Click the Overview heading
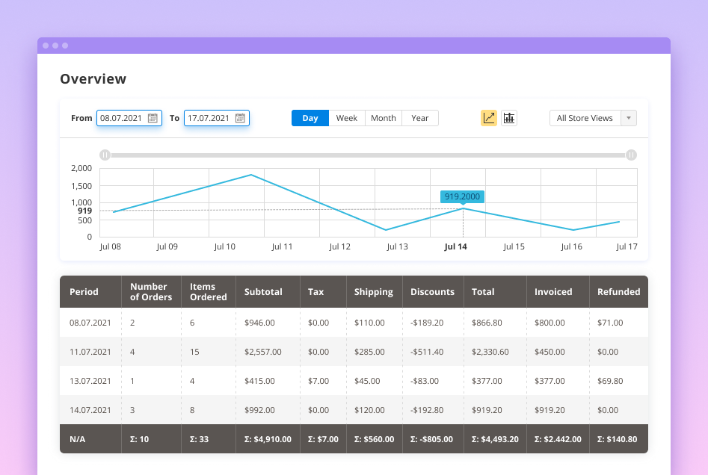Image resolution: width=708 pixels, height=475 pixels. coord(93,79)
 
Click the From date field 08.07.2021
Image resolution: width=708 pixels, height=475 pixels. coord(122,118)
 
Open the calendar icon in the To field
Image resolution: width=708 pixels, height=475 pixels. coord(240,118)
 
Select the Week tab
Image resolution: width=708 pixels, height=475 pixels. coord(347,118)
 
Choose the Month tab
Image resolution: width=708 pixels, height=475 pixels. coord(384,118)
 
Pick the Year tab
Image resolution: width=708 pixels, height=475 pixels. coord(420,118)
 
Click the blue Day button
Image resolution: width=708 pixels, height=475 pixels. coord(310,118)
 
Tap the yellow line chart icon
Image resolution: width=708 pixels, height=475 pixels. coord(489,118)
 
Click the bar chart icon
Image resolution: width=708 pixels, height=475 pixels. coord(509,118)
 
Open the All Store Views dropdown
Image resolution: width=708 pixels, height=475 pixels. coord(593,118)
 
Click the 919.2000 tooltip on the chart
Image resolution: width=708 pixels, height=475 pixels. coord(462,196)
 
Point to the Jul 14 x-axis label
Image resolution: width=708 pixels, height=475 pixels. coord(455,246)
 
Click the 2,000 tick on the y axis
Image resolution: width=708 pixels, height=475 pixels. coord(81,168)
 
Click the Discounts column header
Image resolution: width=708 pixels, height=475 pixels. coord(432,292)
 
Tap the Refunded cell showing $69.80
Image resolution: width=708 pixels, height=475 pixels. coord(610,381)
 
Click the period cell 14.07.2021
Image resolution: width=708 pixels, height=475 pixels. coord(90,410)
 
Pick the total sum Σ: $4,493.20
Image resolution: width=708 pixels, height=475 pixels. coord(494,439)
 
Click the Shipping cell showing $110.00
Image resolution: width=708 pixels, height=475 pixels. coord(369,323)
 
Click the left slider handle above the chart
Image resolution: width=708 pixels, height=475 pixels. coord(105,155)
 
